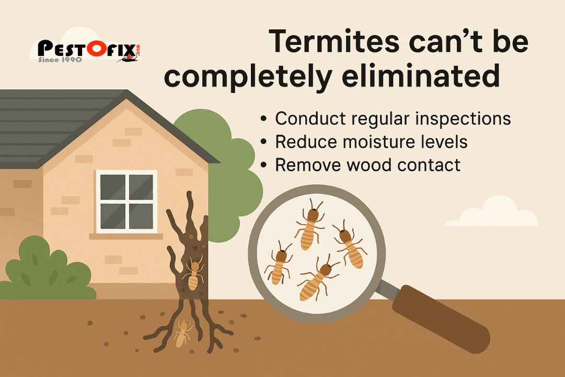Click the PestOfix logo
(x=89, y=50)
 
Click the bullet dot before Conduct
(x=263, y=119)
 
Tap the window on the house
(x=126, y=202)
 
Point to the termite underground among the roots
(x=181, y=334)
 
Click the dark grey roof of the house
(x=68, y=126)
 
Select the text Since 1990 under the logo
(x=57, y=60)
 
